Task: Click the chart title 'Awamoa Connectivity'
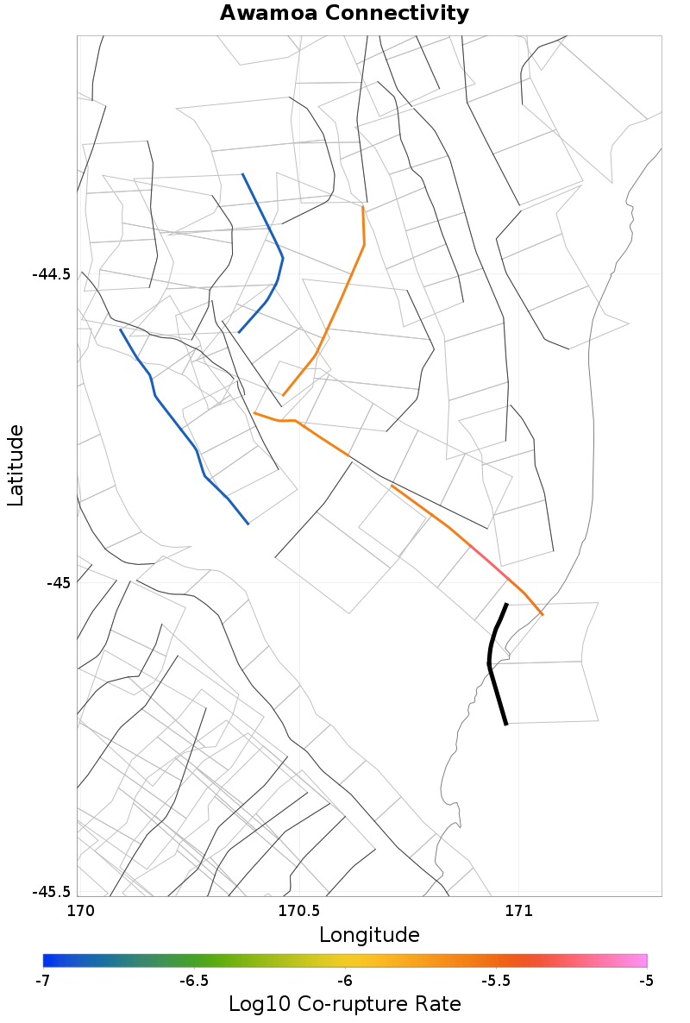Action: pyautogui.click(x=345, y=14)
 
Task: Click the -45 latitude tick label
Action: pyautogui.click(x=59, y=583)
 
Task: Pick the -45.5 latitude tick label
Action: pyautogui.click(x=52, y=891)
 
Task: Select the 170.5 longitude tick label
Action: pyautogui.click(x=298, y=910)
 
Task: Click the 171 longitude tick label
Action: pyautogui.click(x=518, y=910)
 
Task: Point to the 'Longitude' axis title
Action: pyautogui.click(x=369, y=935)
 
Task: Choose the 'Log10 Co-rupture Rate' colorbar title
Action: pyautogui.click(x=345, y=1004)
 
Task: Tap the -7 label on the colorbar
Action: pyautogui.click(x=43, y=981)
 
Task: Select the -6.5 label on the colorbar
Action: pyautogui.click(x=194, y=981)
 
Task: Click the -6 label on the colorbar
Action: pyautogui.click(x=345, y=981)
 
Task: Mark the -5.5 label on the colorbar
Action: pyautogui.click(x=496, y=981)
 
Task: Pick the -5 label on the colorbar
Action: pyautogui.click(x=646, y=981)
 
